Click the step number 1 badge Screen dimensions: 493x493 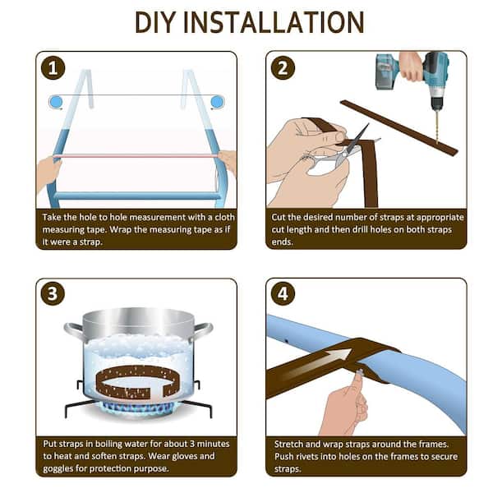point(53,68)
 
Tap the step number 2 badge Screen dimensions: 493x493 point(283,68)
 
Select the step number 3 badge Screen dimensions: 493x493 point(53,293)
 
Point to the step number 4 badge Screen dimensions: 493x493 point(283,293)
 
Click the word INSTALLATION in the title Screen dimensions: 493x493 point(274,22)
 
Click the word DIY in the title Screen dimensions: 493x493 point(154,22)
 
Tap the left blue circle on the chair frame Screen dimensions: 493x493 point(56,102)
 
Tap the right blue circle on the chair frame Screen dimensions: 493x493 point(217,102)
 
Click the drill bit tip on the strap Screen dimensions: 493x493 point(437,143)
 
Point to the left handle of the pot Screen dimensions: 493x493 point(74,331)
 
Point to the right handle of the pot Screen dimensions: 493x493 point(203,331)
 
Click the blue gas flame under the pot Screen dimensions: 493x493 point(138,408)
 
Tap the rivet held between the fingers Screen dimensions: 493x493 point(360,374)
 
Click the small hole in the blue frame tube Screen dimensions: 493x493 point(286,340)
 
